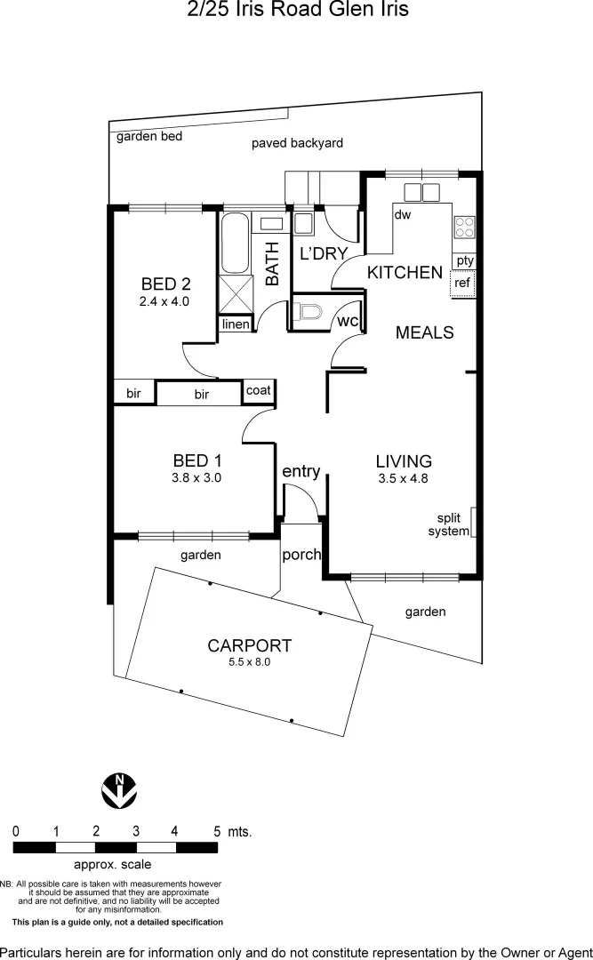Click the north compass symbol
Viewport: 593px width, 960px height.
(119, 789)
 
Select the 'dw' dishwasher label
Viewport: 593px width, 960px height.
(402, 214)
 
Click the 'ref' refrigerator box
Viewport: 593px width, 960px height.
(462, 284)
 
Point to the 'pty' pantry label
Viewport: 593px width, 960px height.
(464, 260)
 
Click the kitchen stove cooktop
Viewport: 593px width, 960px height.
(464, 227)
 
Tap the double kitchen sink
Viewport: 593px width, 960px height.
(421, 192)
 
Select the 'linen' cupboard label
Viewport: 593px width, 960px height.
(236, 324)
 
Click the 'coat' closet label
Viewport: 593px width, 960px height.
(258, 390)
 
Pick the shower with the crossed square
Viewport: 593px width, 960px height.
(236, 292)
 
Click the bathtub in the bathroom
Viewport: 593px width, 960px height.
(236, 244)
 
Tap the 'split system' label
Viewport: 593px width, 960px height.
(449, 524)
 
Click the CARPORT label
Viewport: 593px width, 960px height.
(249, 646)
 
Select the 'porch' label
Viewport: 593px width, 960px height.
(301, 555)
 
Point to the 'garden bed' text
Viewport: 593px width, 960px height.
(149, 136)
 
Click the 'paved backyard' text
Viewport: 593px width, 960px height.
(297, 142)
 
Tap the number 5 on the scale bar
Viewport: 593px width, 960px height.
(217, 831)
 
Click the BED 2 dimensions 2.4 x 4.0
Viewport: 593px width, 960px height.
(164, 301)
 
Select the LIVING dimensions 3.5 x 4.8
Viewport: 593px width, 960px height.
(404, 478)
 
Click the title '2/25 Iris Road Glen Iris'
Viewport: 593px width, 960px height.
(296, 11)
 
